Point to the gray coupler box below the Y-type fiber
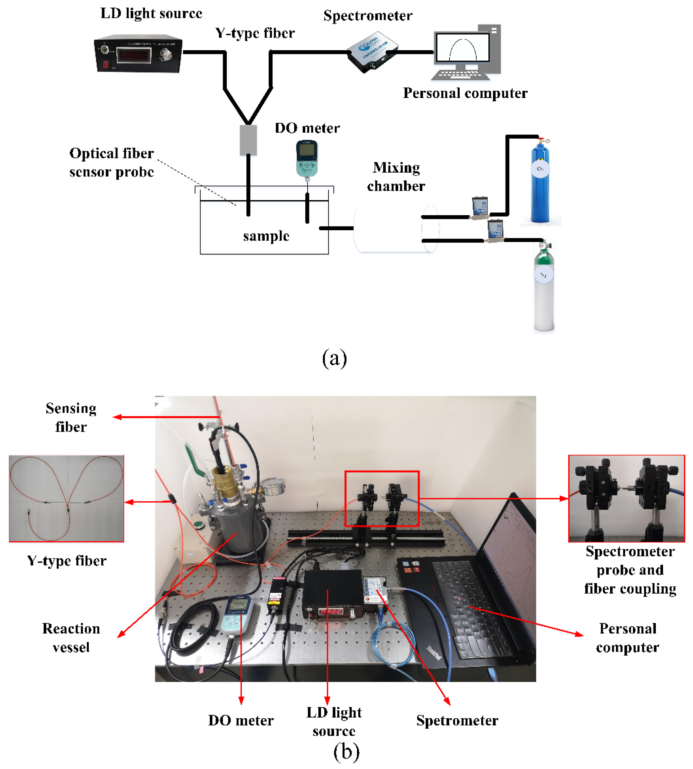[x=248, y=140]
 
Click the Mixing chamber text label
[x=396, y=177]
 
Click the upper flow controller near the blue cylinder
[x=480, y=208]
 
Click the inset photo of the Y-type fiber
[x=67, y=498]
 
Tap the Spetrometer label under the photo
[x=457, y=721]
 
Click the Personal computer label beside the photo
[x=628, y=638]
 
